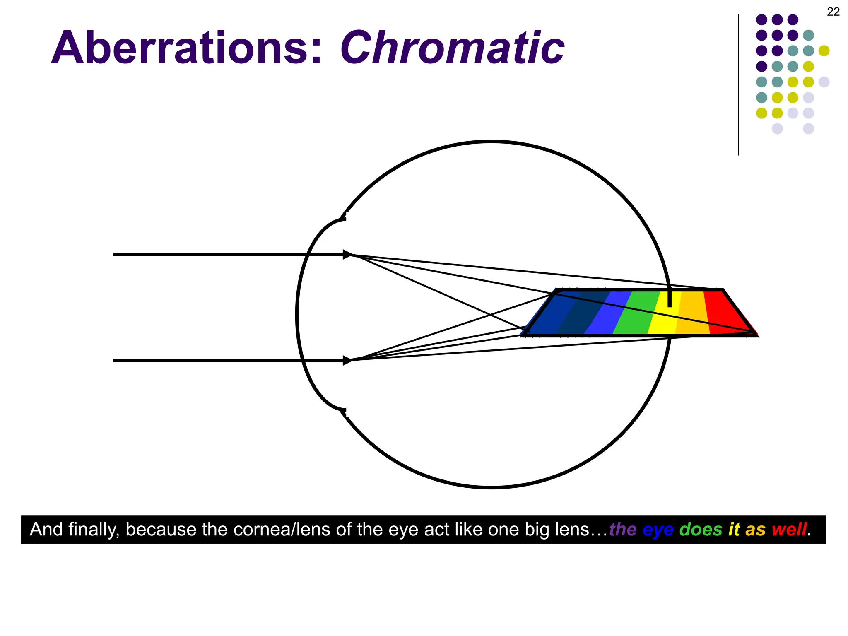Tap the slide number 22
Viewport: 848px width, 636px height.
pos(833,12)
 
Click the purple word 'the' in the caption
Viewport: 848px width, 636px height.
pos(623,530)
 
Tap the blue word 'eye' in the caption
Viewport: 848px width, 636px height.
pos(658,530)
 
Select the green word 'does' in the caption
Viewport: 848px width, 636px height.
pos(701,530)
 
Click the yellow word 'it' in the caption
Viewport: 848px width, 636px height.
pos(734,530)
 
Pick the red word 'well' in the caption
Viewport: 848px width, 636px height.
pos(789,530)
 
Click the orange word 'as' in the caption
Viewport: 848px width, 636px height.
pos(755,530)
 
